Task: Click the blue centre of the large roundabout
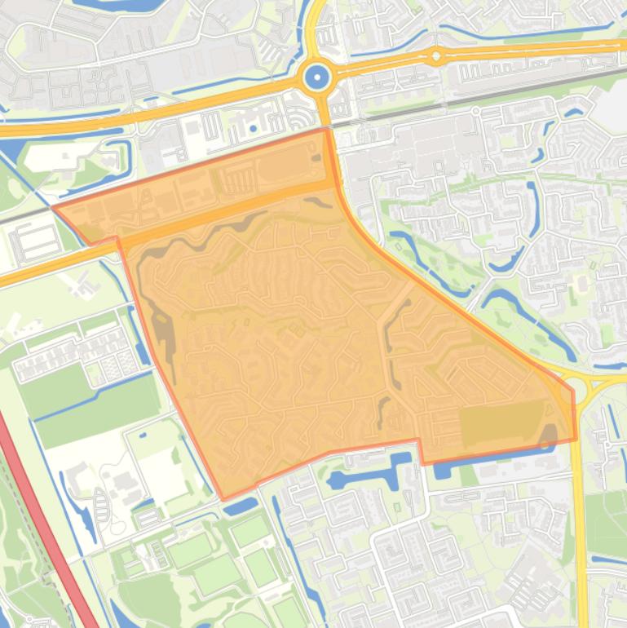coord(316,78)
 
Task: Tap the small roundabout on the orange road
coord(436,56)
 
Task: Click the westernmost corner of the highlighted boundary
coord(54,208)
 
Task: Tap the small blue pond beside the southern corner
coord(241,507)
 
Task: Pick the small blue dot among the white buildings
coord(254,128)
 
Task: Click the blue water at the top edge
coord(122,4)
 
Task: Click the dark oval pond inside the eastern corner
coord(550,437)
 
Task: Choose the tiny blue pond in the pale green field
coord(143,435)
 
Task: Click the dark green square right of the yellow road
coord(605,522)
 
